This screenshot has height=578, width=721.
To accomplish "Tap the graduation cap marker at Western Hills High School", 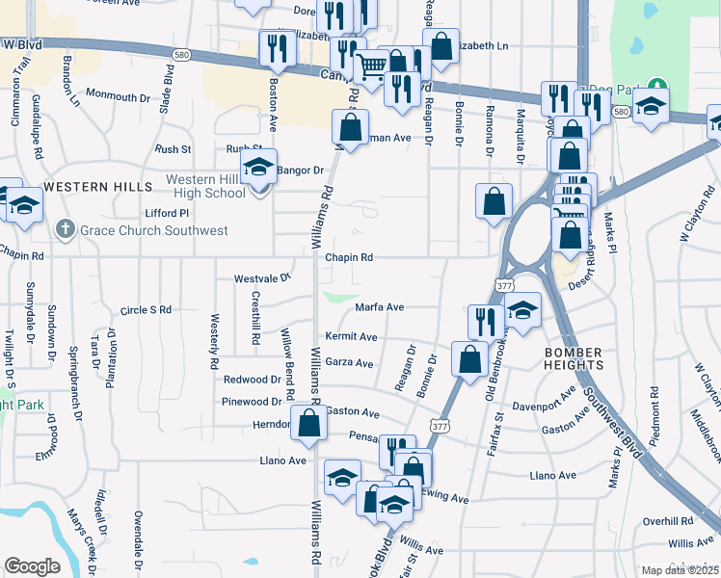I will (x=258, y=168).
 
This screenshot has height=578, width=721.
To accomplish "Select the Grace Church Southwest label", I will (x=154, y=230).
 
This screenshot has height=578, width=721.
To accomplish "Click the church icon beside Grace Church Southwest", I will (x=65, y=229).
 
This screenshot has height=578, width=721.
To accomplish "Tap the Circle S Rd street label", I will (x=146, y=310).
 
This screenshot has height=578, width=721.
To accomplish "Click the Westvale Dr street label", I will (x=262, y=277).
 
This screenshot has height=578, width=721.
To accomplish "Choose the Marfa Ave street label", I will (x=379, y=307).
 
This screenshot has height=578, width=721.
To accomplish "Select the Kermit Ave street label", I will (x=351, y=337).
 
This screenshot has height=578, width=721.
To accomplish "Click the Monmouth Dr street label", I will (x=119, y=95).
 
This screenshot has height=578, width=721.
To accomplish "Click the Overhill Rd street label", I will (x=662, y=520).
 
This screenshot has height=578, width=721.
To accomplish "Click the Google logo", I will (x=32, y=566).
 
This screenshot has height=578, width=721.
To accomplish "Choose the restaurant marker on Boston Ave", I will (x=278, y=47).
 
